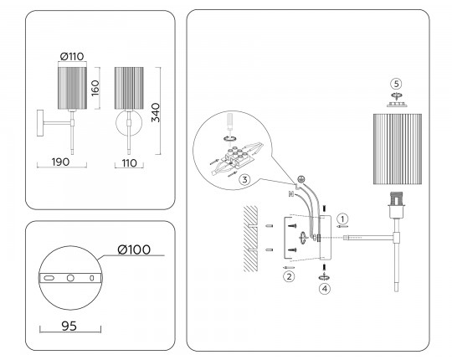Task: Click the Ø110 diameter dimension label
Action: [x=72, y=56]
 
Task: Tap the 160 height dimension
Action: [x=95, y=88]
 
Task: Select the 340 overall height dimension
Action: [x=156, y=112]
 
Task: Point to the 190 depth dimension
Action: [x=60, y=162]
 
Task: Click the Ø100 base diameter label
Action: [x=134, y=249]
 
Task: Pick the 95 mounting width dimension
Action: [x=69, y=326]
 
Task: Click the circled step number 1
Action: [x=342, y=219]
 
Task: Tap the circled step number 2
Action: [x=289, y=277]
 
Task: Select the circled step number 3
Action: [x=244, y=180]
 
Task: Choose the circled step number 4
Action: [x=325, y=289]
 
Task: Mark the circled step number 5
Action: [x=397, y=84]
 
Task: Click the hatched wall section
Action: [x=250, y=239]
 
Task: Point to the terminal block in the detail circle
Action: [x=236, y=157]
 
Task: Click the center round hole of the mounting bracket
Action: [x=70, y=278]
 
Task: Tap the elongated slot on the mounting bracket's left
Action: [x=49, y=278]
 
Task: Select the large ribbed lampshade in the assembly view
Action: [x=398, y=149]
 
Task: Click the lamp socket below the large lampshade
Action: [x=397, y=204]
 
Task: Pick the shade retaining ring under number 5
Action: [x=397, y=105]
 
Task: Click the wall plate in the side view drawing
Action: [x=40, y=123]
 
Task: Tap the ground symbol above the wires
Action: [x=300, y=179]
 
